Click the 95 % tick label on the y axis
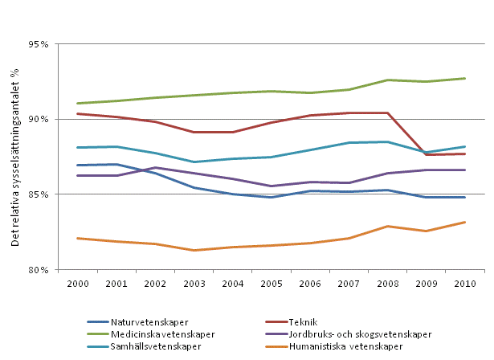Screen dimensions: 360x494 [x=36, y=44]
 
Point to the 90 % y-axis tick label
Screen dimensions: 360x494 [x=36, y=119]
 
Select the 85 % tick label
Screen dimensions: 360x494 [x=36, y=194]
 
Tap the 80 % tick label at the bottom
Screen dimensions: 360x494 [x=36, y=270]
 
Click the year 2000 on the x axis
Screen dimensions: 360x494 [x=77, y=284]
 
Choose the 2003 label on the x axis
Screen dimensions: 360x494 [x=194, y=284]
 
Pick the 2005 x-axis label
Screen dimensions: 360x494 [x=271, y=284]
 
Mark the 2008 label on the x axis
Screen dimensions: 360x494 [x=388, y=284]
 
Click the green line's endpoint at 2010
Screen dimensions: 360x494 [x=465, y=78]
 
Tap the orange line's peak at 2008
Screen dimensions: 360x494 [x=388, y=226]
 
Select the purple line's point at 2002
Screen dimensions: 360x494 [x=155, y=167]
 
